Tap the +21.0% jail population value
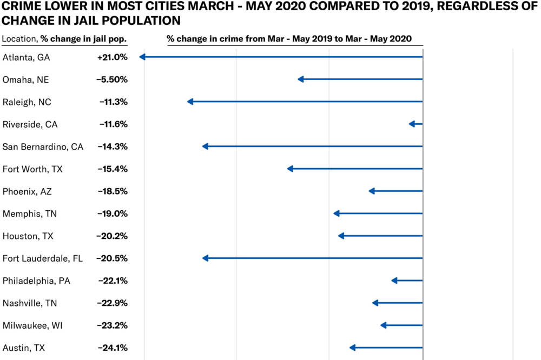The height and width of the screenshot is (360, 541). click(x=112, y=57)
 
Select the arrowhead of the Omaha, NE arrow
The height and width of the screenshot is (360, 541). click(x=301, y=79)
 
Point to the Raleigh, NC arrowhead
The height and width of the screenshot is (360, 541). click(x=190, y=102)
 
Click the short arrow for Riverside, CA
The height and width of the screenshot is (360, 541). click(x=415, y=124)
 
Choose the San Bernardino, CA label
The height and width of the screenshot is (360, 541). click(x=43, y=146)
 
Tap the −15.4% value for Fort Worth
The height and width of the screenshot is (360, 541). click(x=112, y=169)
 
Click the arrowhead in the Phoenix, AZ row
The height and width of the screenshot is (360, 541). click(x=371, y=191)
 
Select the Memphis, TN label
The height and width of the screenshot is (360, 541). click(x=29, y=214)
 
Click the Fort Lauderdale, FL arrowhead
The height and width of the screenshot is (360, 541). click(x=205, y=258)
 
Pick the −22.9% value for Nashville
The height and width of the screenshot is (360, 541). click(x=112, y=303)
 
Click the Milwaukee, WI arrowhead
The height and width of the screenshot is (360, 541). click(x=384, y=325)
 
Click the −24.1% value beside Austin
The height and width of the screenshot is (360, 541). click(x=112, y=348)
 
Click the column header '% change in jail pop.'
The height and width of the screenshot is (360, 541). click(x=83, y=39)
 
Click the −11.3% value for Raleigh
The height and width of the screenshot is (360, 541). click(x=113, y=102)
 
